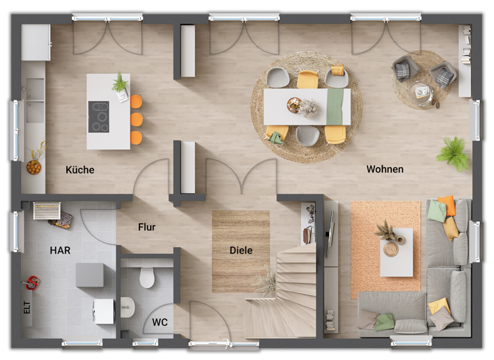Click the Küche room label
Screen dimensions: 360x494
(80, 170)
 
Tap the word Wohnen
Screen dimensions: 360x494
(385, 169)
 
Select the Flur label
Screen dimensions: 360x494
(147, 227)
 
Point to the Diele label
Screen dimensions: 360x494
(241, 250)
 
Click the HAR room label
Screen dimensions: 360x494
(60, 250)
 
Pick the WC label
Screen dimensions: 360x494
(160, 322)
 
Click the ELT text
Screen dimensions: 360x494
(27, 308)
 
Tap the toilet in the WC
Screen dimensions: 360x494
(147, 276)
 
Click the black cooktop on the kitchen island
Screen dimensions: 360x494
(98, 116)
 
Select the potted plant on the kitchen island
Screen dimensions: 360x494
(120, 83)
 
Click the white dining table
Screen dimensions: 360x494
(307, 107)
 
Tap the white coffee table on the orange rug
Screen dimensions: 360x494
(396, 252)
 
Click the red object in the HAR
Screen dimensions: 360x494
(30, 282)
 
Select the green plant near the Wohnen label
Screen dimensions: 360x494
(453, 153)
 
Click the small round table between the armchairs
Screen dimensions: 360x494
(422, 92)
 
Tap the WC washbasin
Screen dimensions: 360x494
(127, 307)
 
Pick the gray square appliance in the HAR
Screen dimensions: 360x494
(89, 274)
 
